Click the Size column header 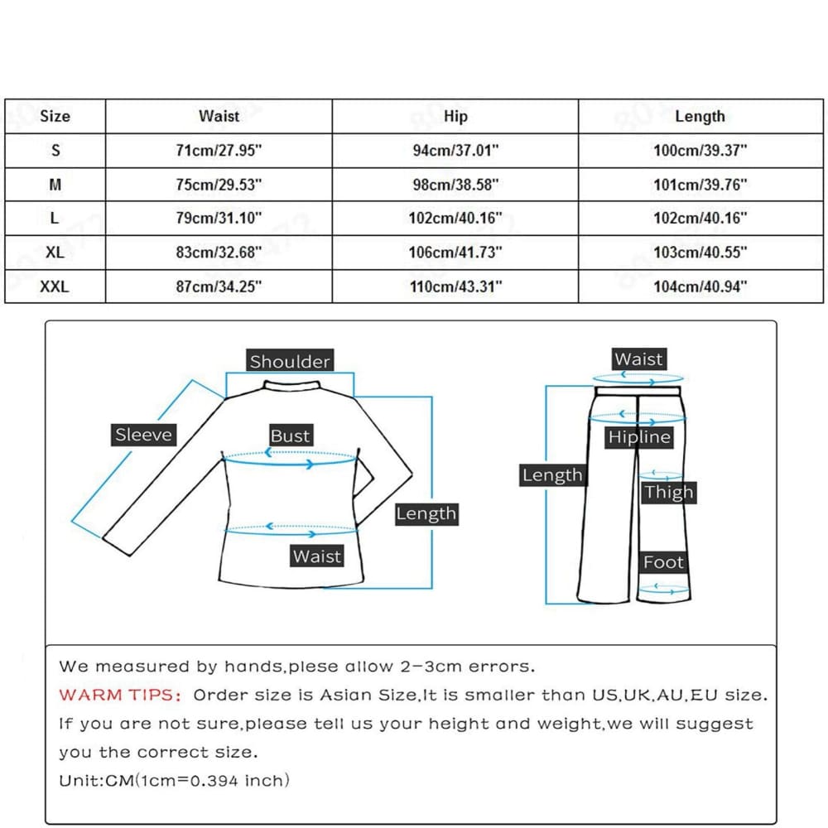(55, 117)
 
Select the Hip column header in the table (455, 117)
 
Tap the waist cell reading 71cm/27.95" (219, 151)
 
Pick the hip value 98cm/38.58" (455, 185)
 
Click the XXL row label (55, 286)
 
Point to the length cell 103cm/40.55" (700, 253)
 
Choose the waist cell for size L (219, 219)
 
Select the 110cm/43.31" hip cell (455, 286)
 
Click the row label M (55, 185)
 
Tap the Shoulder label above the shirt (290, 361)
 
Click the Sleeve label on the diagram (143, 435)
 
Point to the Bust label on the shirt (290, 436)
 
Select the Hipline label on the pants (639, 437)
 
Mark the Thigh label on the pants (668, 493)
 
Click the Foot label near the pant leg (664, 563)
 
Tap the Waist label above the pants (638, 359)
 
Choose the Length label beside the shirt (426, 513)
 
